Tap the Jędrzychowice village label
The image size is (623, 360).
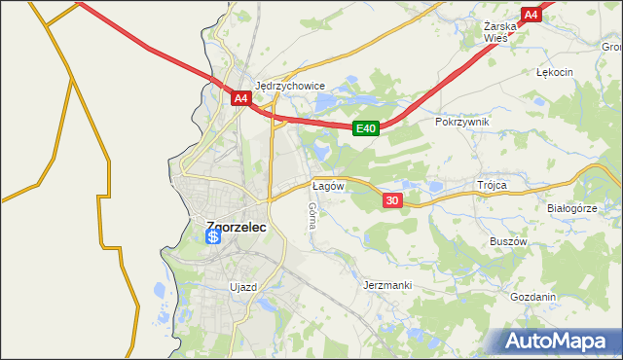click(x=289, y=85)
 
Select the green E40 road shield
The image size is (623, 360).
click(x=365, y=127)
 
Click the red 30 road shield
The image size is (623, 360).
click(x=391, y=200)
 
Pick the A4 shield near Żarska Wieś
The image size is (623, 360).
click(x=531, y=15)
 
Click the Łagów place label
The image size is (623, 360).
click(x=326, y=185)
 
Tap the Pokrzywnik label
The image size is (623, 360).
click(x=462, y=122)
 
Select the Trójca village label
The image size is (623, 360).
click(x=494, y=184)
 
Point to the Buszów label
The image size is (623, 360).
click(x=508, y=240)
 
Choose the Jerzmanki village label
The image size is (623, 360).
click(x=387, y=285)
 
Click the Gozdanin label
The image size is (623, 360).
click(x=532, y=297)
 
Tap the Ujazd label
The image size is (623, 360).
click(x=242, y=287)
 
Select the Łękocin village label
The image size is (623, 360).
click(x=555, y=72)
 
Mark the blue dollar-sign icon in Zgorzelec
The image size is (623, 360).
click(x=212, y=236)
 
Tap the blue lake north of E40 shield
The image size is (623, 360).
click(x=361, y=100)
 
